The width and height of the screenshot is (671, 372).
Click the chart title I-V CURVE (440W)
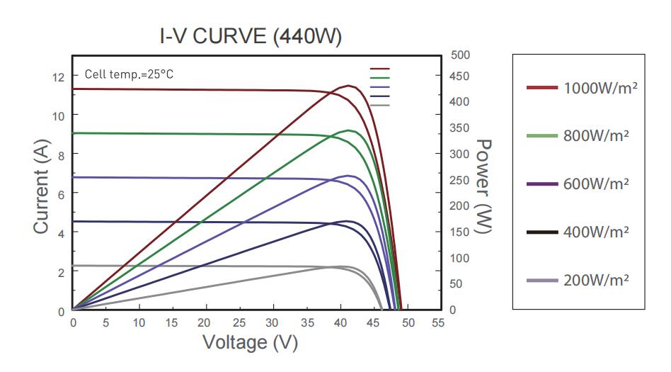coord(250,36)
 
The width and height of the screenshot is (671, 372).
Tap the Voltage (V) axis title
coord(250,343)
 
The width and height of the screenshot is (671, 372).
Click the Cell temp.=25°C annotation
coord(129,74)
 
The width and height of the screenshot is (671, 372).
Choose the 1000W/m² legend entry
coord(578,89)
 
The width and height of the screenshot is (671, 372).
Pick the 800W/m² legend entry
coord(578,135)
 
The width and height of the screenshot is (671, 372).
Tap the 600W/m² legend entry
coord(578,184)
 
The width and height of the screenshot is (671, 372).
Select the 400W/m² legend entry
coord(578,232)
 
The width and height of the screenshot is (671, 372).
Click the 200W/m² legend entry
coord(578,280)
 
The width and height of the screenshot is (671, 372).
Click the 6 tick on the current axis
coord(61,193)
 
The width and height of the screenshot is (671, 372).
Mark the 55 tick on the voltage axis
coord(437,323)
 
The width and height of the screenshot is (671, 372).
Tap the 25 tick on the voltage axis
coord(240,323)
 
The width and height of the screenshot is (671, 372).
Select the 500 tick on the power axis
coord(459,55)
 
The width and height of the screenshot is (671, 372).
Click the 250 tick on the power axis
coord(459,181)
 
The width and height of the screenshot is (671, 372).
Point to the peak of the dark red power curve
coord(349,86)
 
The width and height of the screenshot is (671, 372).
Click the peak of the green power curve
coord(348,130)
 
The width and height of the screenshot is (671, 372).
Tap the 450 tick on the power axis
coord(459,76)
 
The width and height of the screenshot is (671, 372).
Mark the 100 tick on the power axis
coord(459,259)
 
